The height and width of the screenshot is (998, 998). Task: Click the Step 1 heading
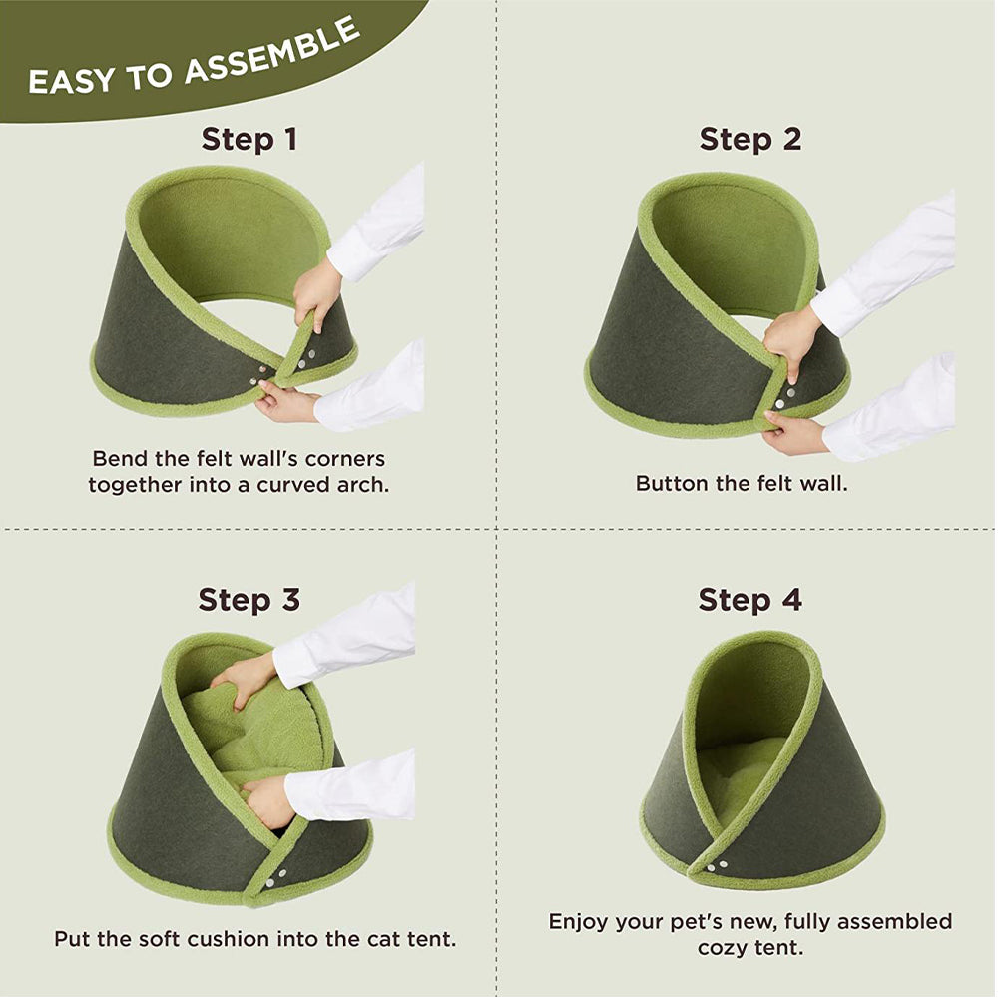coord(249,139)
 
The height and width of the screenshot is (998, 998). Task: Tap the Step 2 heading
coord(750,139)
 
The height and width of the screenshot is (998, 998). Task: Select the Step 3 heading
coord(249,600)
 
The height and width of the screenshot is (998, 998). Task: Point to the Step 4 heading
coord(749,600)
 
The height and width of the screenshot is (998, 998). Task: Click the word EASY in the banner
coord(72,81)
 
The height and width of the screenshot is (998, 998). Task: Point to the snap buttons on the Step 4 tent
coord(716,865)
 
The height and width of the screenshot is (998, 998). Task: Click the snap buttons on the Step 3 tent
coord(276,877)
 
